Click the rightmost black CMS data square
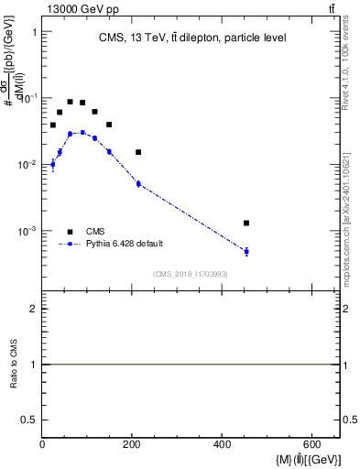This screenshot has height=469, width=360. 246,223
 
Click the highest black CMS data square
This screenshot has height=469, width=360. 71,102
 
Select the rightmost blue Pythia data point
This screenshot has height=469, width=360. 246,251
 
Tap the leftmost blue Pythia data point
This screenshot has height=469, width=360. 52,164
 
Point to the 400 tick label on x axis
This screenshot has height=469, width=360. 223,446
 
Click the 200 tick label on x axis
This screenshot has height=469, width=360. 133,446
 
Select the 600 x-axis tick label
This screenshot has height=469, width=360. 312,446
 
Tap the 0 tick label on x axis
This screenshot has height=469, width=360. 43,446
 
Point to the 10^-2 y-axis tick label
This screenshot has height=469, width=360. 26,165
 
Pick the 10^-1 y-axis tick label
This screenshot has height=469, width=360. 26,98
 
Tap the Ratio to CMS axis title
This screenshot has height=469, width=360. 14,365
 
